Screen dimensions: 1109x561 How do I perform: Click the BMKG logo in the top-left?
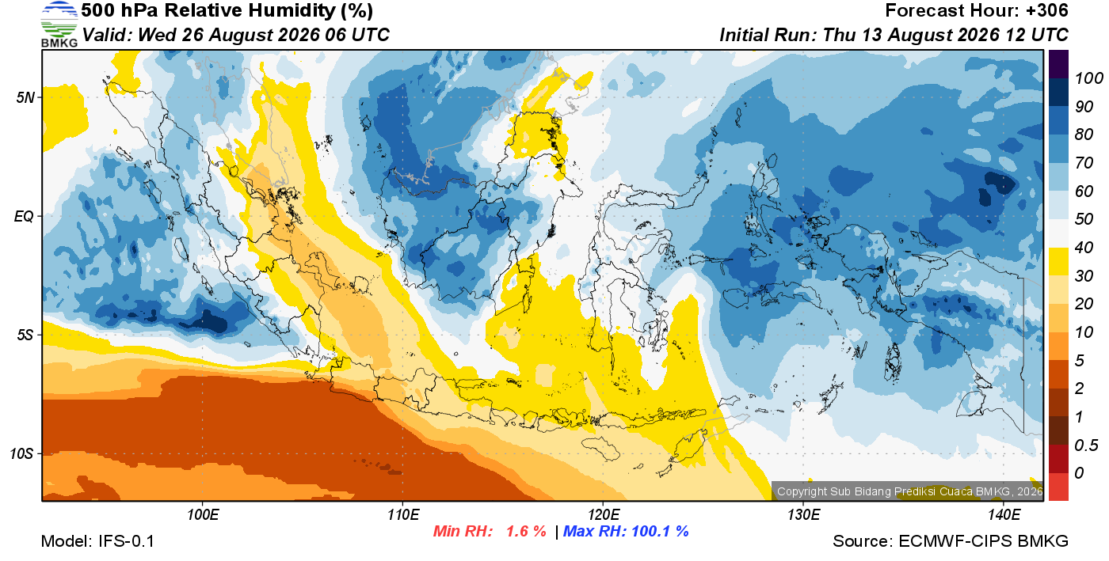pos(59,25)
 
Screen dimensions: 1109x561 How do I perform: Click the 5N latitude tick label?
pos(25,97)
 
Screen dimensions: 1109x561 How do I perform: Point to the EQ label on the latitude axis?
pos(24,216)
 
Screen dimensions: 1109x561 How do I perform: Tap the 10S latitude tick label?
pos(21,453)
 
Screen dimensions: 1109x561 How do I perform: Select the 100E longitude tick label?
pos(203,515)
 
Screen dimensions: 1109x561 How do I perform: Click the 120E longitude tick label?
pos(604,515)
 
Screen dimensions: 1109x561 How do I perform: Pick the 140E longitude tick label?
pos(1004,515)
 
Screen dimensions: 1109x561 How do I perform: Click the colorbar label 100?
pos(1088,78)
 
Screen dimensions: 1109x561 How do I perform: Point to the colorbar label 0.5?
pos(1085,445)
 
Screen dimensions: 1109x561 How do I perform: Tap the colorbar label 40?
pos(1084,248)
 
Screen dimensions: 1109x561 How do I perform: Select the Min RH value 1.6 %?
pos(526,531)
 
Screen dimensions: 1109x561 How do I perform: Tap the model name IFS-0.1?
pos(126,541)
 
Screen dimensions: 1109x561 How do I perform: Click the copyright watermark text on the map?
pos(910,491)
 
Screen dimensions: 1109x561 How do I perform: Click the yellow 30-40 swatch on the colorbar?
pos(1058,261)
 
